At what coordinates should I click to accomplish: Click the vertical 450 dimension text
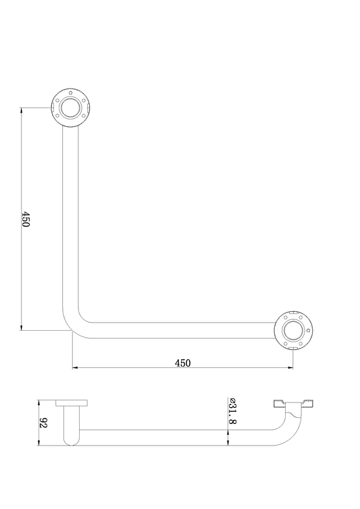pyautogui.click(x=26, y=219)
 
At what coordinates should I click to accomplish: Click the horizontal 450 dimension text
pyautogui.click(x=182, y=363)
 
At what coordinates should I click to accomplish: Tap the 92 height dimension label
pyautogui.click(x=44, y=423)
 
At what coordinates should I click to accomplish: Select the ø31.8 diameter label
pyautogui.click(x=232, y=410)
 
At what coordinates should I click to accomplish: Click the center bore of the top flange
pyautogui.click(x=70, y=107)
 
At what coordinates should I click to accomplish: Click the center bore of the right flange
pyautogui.click(x=294, y=331)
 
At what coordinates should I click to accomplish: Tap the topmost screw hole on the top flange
pyautogui.click(x=70, y=92)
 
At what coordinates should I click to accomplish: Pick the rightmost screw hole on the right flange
pyautogui.click(x=309, y=331)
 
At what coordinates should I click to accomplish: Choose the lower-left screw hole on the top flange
pyautogui.click(x=59, y=115)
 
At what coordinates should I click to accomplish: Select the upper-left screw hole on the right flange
pyautogui.click(x=286, y=317)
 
